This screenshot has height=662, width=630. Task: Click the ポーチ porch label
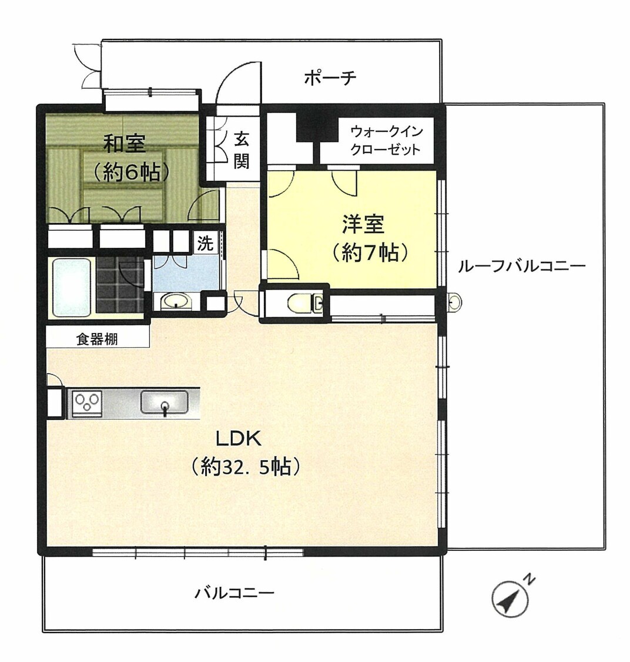[x=330, y=78]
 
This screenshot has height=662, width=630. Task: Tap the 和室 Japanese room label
[x=125, y=144]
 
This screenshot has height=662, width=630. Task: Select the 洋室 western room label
[x=363, y=224]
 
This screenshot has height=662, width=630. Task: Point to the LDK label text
[x=239, y=440]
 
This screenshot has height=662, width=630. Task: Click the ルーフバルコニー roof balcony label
[x=522, y=267]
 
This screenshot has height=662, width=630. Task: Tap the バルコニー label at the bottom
[x=234, y=593]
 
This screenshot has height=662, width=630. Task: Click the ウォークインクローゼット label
[x=386, y=141]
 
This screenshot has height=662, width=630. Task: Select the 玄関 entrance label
[x=241, y=150]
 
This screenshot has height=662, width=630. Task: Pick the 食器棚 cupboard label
[x=97, y=339]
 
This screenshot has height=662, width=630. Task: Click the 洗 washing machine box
[x=206, y=243]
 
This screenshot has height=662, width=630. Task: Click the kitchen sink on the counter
[x=165, y=402]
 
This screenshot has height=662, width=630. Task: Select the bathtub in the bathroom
[x=72, y=287]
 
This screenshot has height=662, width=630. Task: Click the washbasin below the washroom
[x=177, y=301]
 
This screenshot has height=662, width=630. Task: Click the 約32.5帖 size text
[x=246, y=467]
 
